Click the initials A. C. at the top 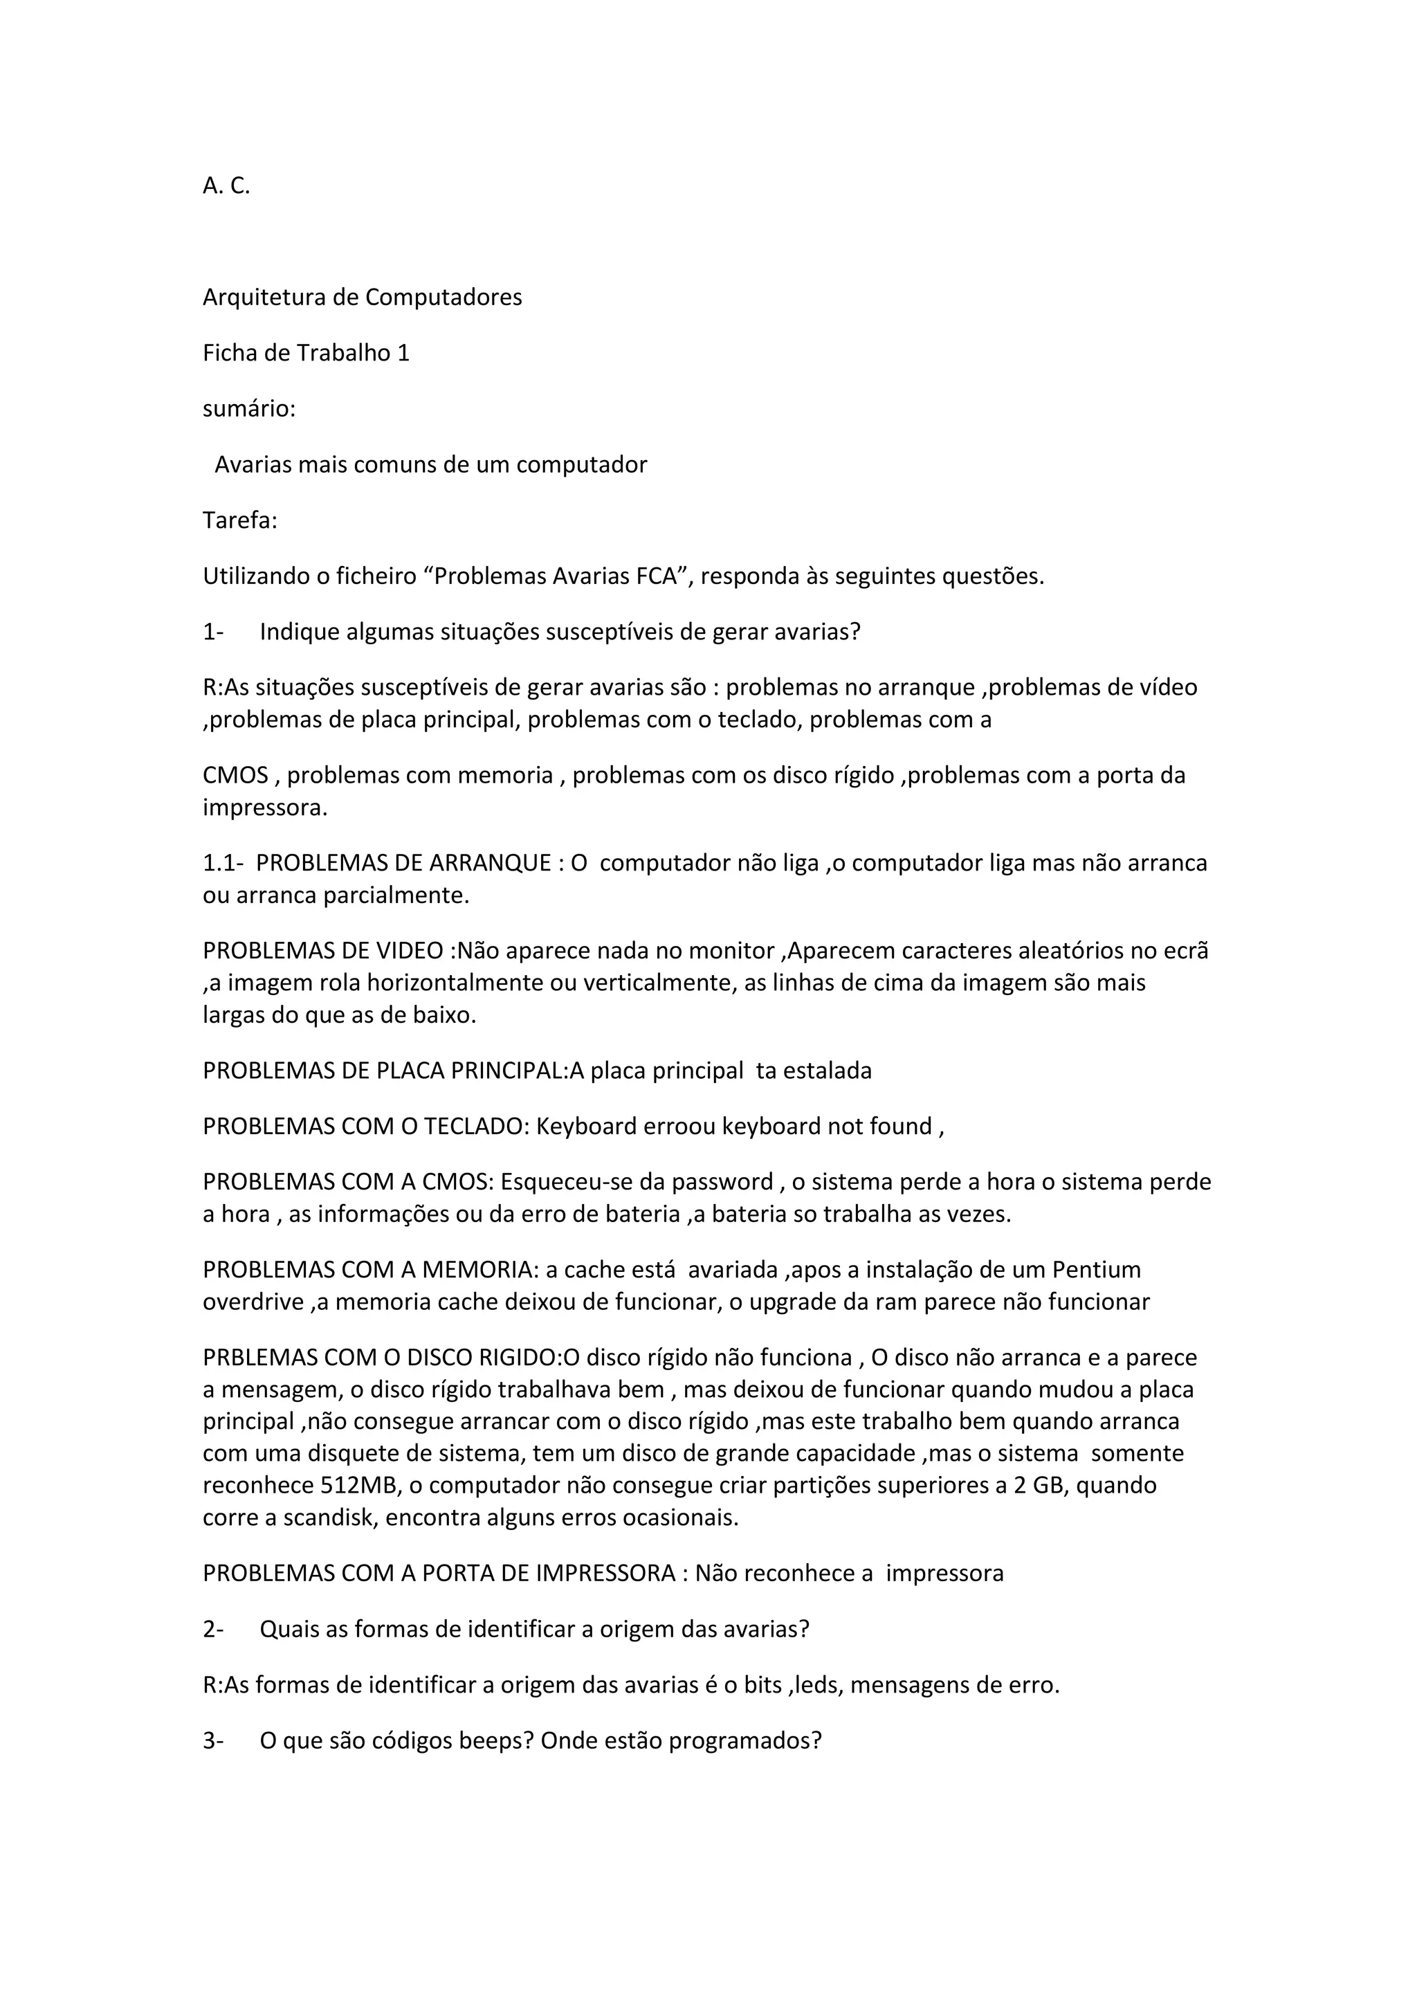point(226,186)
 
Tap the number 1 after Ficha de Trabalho point(403,354)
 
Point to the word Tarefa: point(240,520)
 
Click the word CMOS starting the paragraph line point(235,775)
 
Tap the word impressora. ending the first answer point(265,808)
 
